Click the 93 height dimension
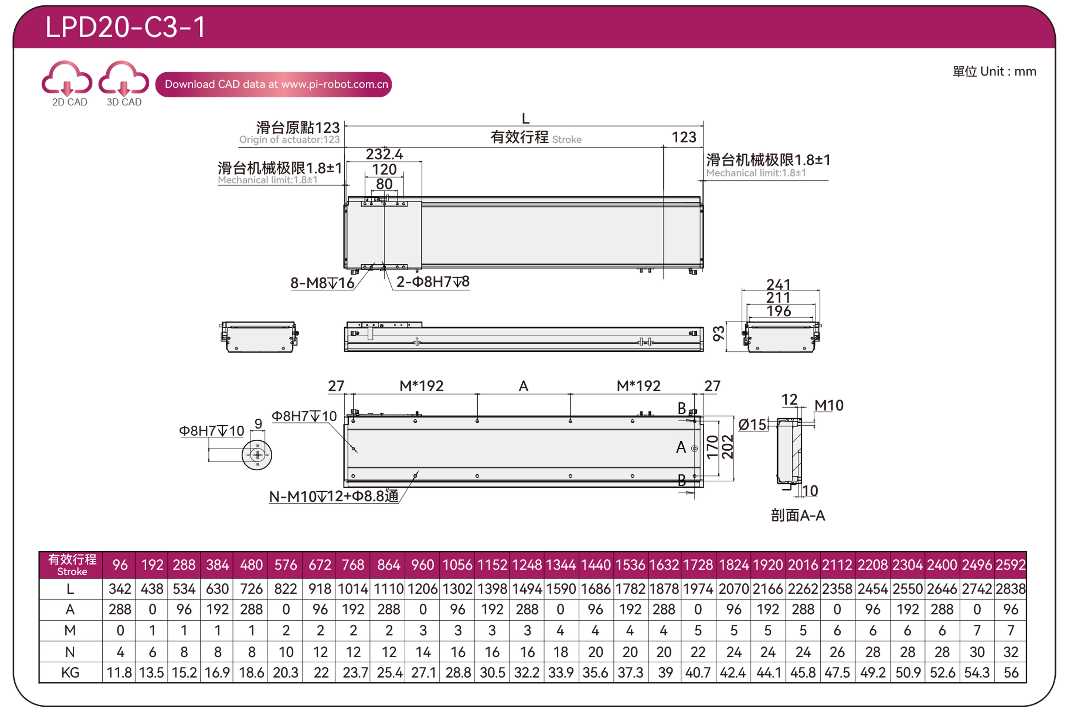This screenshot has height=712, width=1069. click(x=718, y=334)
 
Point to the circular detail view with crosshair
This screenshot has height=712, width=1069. click(x=257, y=455)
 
